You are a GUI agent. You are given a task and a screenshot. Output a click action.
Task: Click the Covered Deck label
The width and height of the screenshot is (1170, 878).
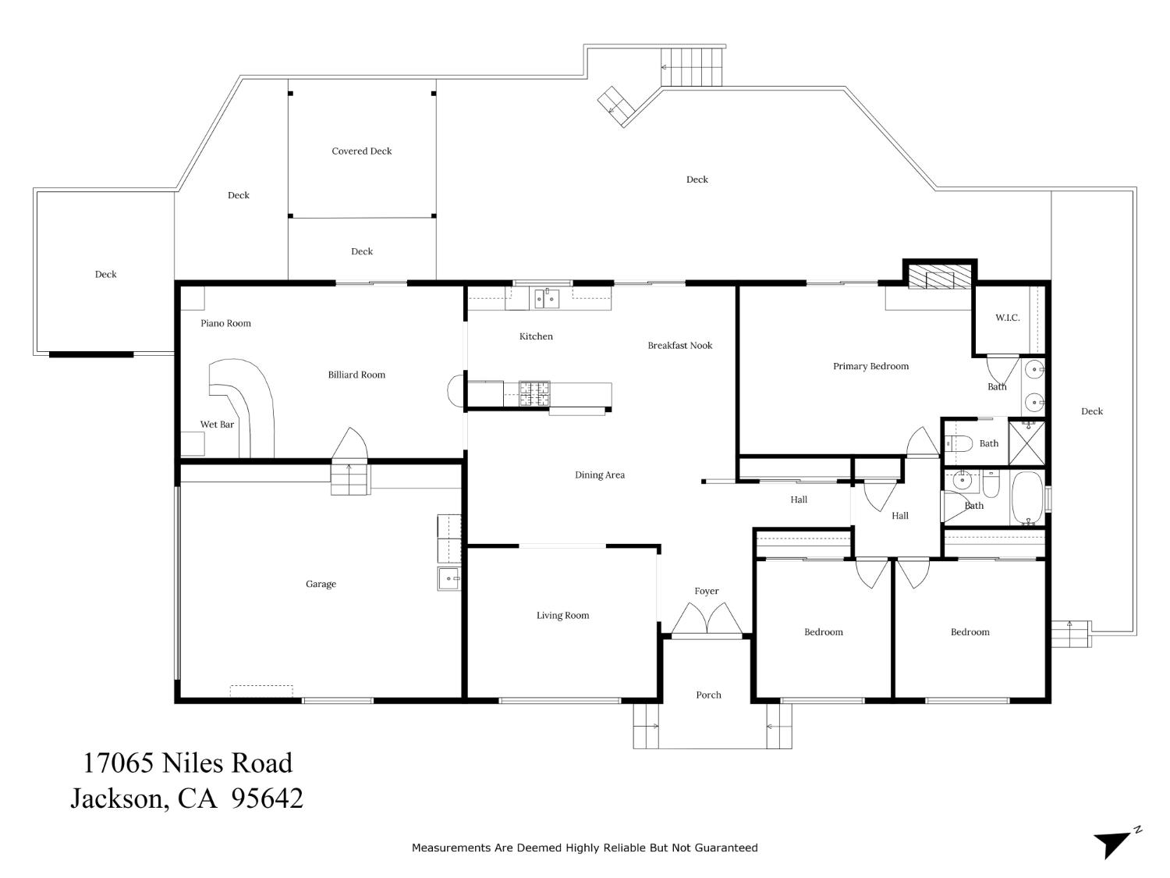(361, 151)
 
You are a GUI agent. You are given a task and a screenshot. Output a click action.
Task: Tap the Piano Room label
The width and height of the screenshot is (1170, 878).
(225, 323)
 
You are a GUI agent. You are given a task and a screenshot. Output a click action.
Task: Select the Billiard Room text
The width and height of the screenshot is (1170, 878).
(356, 375)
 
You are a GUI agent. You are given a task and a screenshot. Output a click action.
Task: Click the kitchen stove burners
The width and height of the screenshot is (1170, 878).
(534, 394)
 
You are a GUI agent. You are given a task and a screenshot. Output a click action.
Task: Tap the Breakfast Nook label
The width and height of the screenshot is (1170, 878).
(679, 346)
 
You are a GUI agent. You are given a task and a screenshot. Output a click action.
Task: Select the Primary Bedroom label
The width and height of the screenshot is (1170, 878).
(870, 366)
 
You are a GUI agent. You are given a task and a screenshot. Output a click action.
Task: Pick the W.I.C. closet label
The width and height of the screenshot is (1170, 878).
(1007, 318)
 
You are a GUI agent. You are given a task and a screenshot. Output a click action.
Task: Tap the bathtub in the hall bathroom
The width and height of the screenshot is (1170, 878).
(1028, 498)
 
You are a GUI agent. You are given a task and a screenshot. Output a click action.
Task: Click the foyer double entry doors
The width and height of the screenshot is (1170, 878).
(707, 620)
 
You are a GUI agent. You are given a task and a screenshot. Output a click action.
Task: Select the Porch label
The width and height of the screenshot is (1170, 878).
(708, 695)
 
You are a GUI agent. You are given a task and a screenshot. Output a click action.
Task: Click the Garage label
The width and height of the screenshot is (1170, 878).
(321, 584)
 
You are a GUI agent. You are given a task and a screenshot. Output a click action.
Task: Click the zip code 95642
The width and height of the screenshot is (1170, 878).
(267, 798)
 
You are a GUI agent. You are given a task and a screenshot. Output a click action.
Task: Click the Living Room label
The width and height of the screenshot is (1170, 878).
(562, 616)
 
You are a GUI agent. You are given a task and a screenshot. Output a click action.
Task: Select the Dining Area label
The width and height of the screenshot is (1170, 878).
(599, 475)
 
